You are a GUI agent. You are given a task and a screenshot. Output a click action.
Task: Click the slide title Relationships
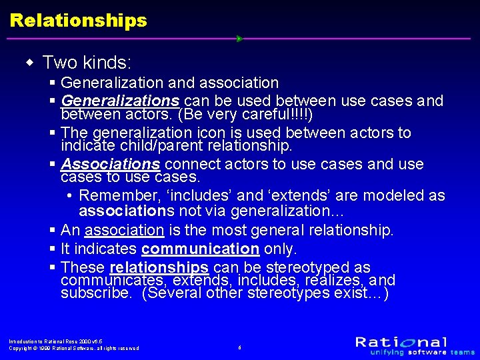79,21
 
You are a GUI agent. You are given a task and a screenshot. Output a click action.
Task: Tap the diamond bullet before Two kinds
29,63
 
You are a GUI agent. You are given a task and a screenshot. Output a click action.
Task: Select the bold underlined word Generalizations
119,101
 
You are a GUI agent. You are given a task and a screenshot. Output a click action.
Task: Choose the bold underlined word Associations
110,164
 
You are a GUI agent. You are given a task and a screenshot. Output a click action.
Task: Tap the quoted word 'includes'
201,196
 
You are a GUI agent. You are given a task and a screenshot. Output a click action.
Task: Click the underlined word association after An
124,231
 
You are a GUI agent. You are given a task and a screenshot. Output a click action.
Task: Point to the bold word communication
200,249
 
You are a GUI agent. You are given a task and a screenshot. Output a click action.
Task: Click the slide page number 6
240,347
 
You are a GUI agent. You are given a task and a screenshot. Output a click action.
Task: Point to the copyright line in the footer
74,348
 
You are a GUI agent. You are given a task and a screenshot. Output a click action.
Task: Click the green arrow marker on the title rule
239,39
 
